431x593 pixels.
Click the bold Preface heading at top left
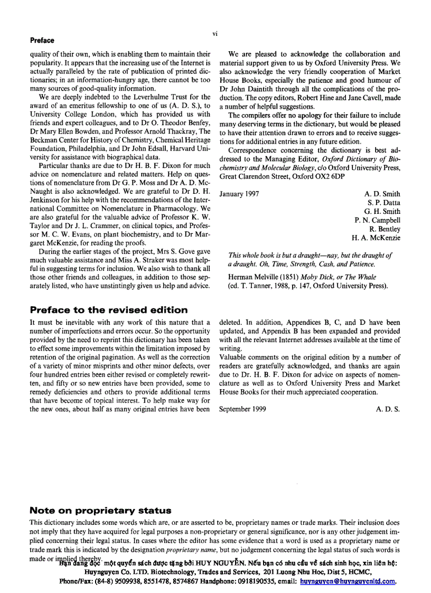pyautogui.click(x=42, y=40)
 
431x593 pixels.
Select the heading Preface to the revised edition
pyautogui.click(x=109, y=310)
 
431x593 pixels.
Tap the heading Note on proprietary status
pyautogui.click(x=100, y=510)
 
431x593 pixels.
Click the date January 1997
pyautogui.click(x=239, y=194)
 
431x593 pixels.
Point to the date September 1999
pyautogui.click(x=242, y=409)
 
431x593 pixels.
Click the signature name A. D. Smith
pyautogui.click(x=382, y=194)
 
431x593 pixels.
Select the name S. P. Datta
pyautogui.click(x=384, y=203)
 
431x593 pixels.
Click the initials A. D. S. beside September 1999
pyautogui.click(x=388, y=409)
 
